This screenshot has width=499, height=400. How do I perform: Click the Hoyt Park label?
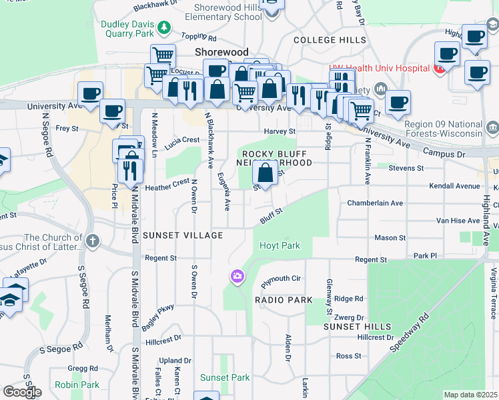pyautogui.click(x=280, y=245)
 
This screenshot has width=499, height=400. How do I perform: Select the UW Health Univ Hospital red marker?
pyautogui.click(x=440, y=68)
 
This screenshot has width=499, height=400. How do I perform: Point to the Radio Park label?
pyautogui.click(x=284, y=300)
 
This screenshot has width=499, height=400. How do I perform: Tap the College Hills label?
pyautogui.click(x=330, y=40)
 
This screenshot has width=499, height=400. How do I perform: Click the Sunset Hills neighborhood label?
pyautogui.click(x=352, y=327)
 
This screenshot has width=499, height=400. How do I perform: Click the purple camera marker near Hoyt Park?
pyautogui.click(x=237, y=276)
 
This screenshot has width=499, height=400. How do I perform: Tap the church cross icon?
pyautogui.click(x=92, y=240)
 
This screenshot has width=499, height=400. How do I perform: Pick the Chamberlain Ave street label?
pyautogui.click(x=375, y=203)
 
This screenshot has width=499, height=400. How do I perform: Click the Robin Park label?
pyautogui.click(x=77, y=385)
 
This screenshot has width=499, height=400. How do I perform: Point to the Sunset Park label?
pyautogui.click(x=225, y=377)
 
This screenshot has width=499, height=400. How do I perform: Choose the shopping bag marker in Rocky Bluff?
pyautogui.click(x=266, y=173)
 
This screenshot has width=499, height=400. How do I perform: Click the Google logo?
pyautogui.click(x=22, y=391)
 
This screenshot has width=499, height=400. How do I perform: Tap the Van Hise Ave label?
pyautogui.click(x=458, y=220)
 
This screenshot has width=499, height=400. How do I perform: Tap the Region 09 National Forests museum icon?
pyautogui.click(x=492, y=127)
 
